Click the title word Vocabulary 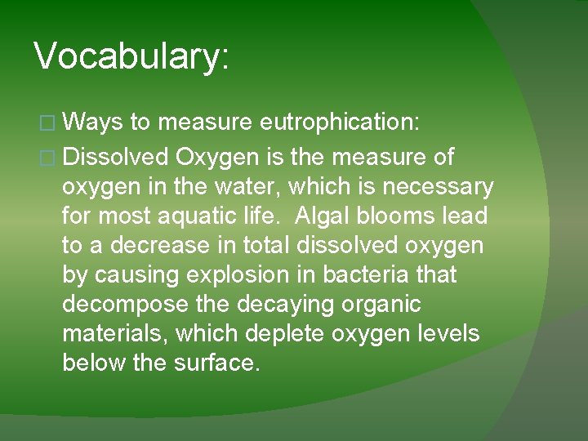[131, 56]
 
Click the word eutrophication [339, 123]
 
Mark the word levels [449, 334]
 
